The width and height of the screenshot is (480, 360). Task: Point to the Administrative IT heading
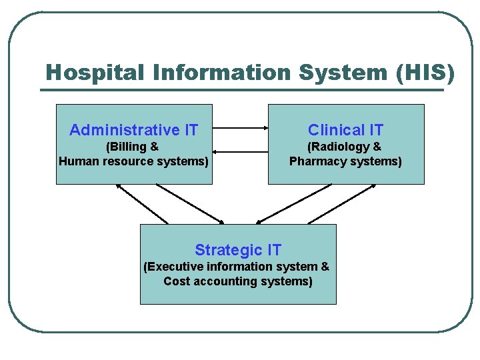click(x=134, y=130)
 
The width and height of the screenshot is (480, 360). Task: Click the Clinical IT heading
click(x=345, y=130)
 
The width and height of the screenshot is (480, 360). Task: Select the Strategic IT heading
click(x=238, y=250)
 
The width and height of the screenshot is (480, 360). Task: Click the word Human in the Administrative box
click(x=79, y=161)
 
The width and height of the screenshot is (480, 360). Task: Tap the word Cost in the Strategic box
click(x=177, y=281)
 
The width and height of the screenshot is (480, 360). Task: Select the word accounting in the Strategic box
click(x=224, y=281)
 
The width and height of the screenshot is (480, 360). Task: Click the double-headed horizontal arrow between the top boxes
click(x=240, y=128)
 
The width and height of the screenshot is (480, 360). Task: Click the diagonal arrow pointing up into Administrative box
click(x=142, y=203)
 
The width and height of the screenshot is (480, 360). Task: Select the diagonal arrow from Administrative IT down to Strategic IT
click(x=190, y=203)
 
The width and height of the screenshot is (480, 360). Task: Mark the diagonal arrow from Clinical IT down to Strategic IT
click(x=293, y=203)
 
